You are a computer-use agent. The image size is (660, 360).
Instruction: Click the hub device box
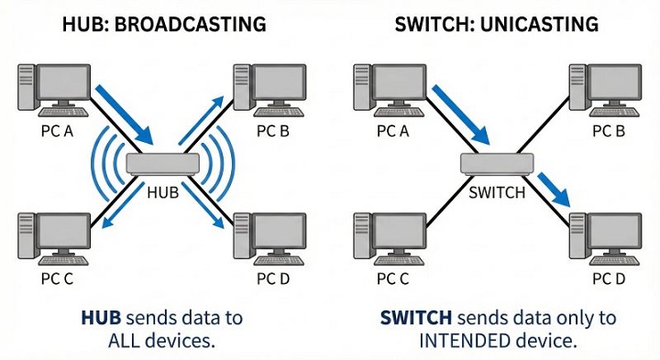(162, 164)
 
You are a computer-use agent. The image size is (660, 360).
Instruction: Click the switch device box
(496, 164)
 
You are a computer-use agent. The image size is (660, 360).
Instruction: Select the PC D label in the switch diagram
(609, 278)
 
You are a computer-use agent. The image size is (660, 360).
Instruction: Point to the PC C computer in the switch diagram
(385, 236)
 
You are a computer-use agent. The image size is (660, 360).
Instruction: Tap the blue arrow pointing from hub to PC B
(201, 123)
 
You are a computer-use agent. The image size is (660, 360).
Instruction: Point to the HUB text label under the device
(162, 193)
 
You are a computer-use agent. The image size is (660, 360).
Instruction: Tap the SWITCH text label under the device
(496, 193)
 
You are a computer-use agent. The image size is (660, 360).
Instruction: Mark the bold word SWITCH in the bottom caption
(415, 318)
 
